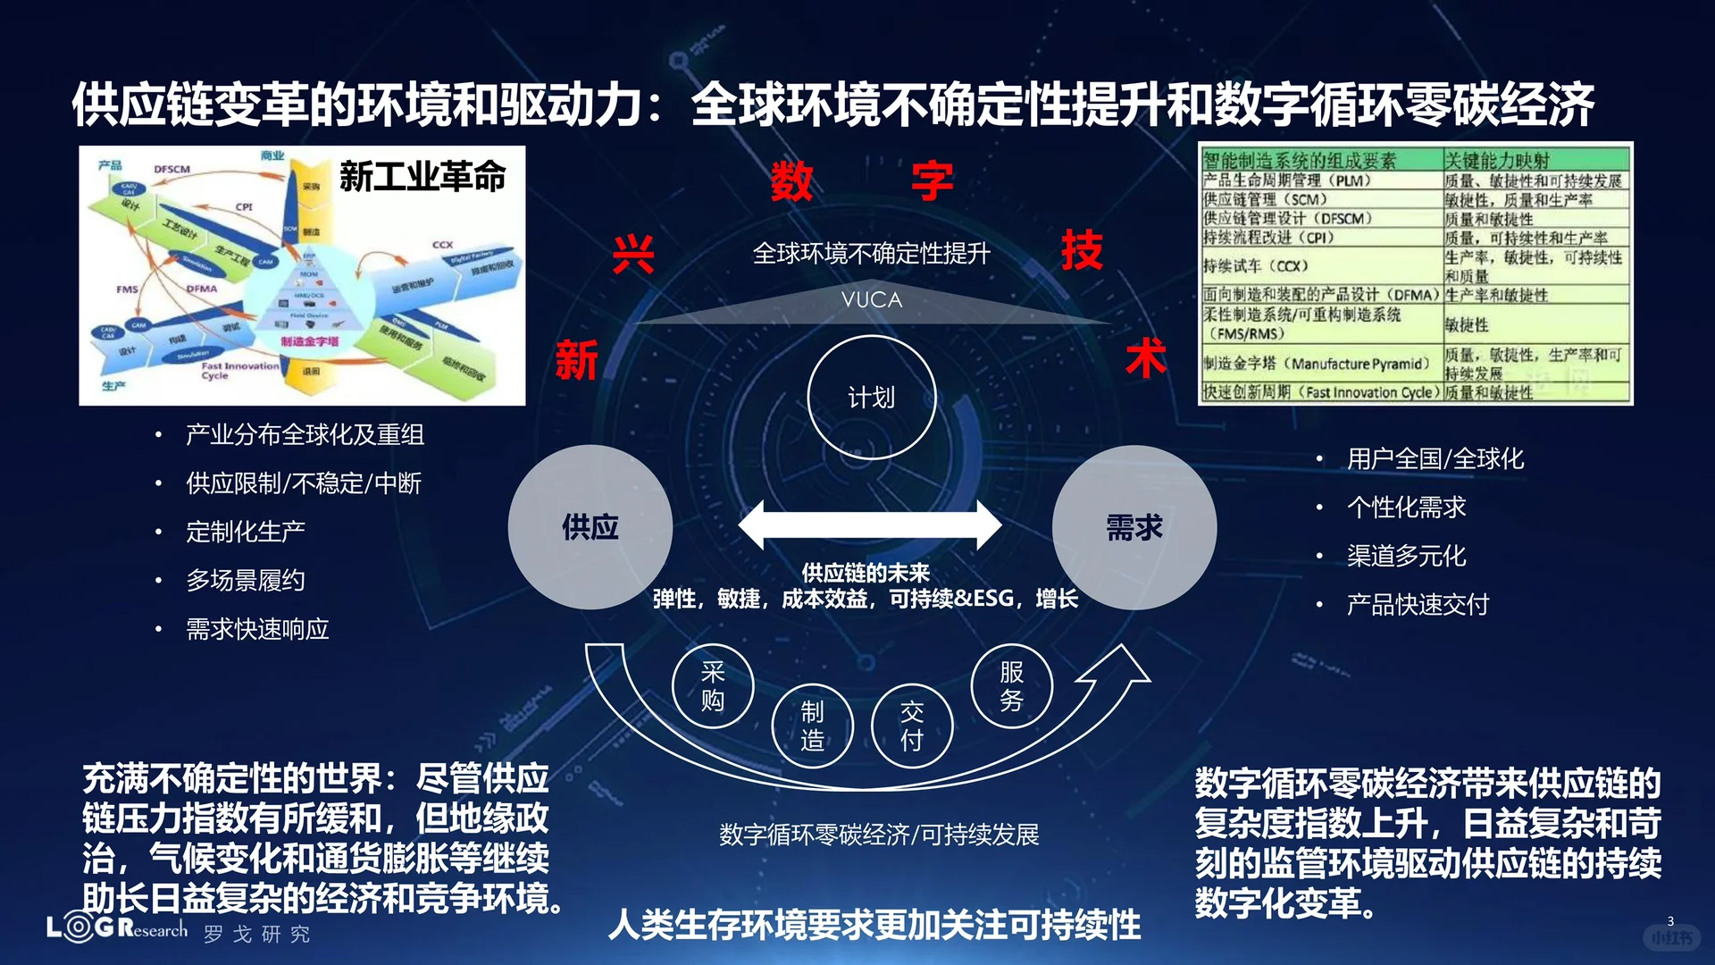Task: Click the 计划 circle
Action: (x=871, y=398)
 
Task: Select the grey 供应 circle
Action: (x=590, y=527)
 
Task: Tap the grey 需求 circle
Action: (x=1134, y=527)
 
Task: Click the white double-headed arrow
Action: (x=870, y=524)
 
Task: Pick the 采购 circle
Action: (x=713, y=685)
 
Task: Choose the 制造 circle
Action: (x=812, y=726)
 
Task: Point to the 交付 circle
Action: (x=911, y=726)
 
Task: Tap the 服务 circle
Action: (x=1011, y=685)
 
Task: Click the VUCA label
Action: (x=871, y=300)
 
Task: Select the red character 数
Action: (x=791, y=181)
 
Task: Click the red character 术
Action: (x=1145, y=358)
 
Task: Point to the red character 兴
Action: (x=633, y=255)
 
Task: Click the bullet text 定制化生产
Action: (x=246, y=532)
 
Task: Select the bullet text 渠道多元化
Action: (x=1406, y=556)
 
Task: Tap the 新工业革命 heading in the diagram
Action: (x=422, y=176)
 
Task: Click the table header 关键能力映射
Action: (x=1497, y=161)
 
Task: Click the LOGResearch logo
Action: (x=116, y=928)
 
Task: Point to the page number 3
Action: (x=1670, y=920)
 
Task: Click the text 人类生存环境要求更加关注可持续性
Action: (x=874, y=925)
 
